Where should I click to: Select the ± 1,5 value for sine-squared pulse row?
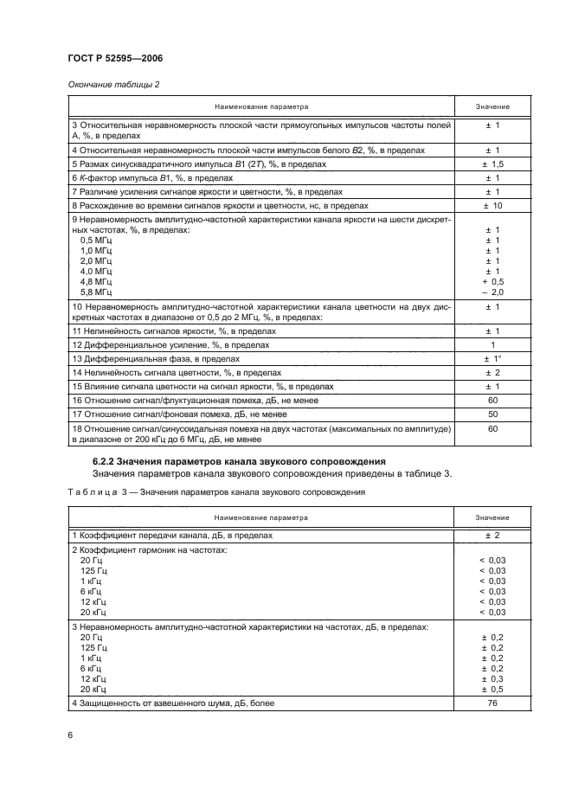click(x=492, y=164)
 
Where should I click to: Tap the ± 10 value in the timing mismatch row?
click(x=492, y=206)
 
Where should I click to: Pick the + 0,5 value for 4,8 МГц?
click(x=492, y=282)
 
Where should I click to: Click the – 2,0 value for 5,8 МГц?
click(x=492, y=292)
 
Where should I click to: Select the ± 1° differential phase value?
click(x=492, y=358)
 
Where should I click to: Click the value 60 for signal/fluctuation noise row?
click(x=492, y=400)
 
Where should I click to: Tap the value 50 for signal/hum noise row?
click(x=492, y=414)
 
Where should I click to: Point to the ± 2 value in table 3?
click(x=492, y=536)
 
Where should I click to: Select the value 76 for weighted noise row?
click(x=492, y=703)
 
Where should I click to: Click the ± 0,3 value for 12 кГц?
click(x=492, y=679)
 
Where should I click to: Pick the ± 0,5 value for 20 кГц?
click(x=492, y=690)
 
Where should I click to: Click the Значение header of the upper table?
click(x=492, y=107)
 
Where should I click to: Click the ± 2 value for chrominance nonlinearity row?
click(x=492, y=372)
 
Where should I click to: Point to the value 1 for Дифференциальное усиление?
click(x=492, y=344)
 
